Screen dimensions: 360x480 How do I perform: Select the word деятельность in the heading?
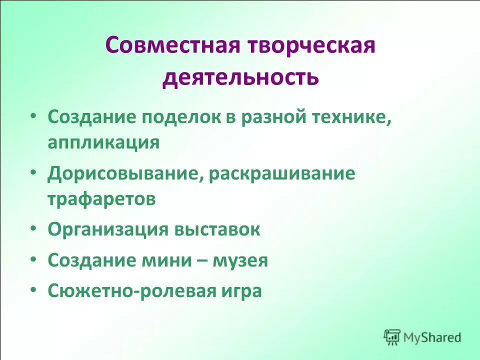pyautogui.click(x=240, y=77)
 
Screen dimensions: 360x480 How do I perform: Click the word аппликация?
pyautogui.click(x=104, y=142)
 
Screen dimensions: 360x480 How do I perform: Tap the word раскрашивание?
pyautogui.click(x=282, y=173)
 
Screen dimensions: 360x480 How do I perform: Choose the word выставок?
pyautogui.click(x=217, y=229)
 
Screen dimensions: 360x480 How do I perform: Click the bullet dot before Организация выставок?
pyautogui.click(x=33, y=227)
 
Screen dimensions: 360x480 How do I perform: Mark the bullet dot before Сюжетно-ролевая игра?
pyautogui.click(x=33, y=289)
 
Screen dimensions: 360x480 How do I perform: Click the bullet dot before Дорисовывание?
pyautogui.click(x=33, y=171)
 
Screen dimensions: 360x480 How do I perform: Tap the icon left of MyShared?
pyautogui.click(x=392, y=337)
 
